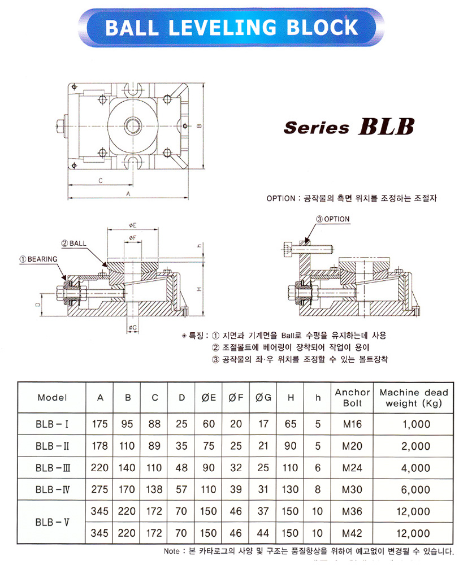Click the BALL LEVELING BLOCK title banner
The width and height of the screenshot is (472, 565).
coord(232,27)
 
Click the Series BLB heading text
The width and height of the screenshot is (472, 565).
coord(348,126)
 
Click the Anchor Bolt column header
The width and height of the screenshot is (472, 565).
coord(352,398)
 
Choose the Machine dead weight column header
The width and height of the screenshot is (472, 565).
coord(414,398)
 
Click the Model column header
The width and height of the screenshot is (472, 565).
coord(52,398)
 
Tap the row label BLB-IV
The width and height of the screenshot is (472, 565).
coord(52,489)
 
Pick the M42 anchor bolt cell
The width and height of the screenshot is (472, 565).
coord(352,533)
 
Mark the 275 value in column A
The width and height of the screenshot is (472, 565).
coord(100,489)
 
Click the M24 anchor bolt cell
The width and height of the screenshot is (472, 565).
coord(352,468)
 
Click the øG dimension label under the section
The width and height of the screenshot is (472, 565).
coord(133,328)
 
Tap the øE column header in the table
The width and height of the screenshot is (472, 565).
coord(209,398)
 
